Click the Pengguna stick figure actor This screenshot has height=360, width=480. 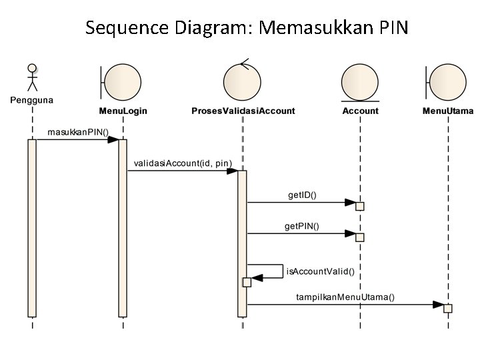31,79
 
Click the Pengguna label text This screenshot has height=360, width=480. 31,100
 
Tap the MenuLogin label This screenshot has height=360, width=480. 123,111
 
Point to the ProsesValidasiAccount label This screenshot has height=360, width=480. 243,111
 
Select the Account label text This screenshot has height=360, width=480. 360,111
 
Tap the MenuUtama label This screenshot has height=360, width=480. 448,111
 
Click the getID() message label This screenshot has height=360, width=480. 302,195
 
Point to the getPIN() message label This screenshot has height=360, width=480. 302,226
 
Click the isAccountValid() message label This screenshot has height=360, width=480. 320,271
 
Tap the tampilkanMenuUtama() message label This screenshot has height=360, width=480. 345,297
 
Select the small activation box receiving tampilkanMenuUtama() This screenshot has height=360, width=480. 447,308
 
